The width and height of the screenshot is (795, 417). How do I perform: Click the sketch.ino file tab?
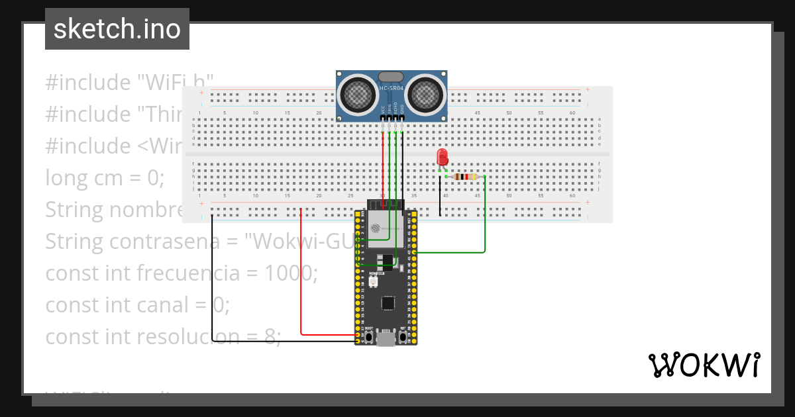coord(117,29)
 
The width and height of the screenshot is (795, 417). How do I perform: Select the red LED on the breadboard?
coord(443,157)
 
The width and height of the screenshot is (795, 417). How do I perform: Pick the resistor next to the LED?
coord(466,177)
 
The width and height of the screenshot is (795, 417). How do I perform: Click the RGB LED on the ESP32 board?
coord(374,282)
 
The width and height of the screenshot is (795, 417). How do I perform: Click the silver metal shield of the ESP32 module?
coord(386,229)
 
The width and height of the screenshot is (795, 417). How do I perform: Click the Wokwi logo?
coord(704,365)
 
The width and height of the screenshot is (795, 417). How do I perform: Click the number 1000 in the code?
coord(291,273)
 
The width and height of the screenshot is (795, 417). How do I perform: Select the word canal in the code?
coord(189,305)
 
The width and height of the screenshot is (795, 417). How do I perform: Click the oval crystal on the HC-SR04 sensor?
coord(391,77)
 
